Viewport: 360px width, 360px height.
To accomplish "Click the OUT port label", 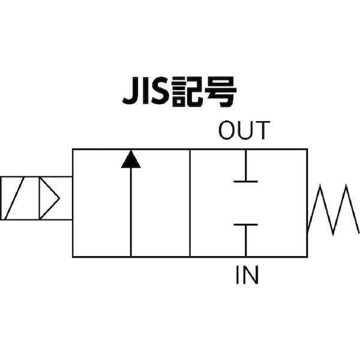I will [x=244, y=130].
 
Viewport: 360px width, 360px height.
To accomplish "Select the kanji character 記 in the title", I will [x=191, y=93].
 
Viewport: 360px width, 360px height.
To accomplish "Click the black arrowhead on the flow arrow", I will [x=130, y=160].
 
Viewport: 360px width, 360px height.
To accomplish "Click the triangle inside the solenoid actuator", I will [x=49, y=197].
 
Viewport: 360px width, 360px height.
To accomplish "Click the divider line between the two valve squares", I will [x=190, y=204].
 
